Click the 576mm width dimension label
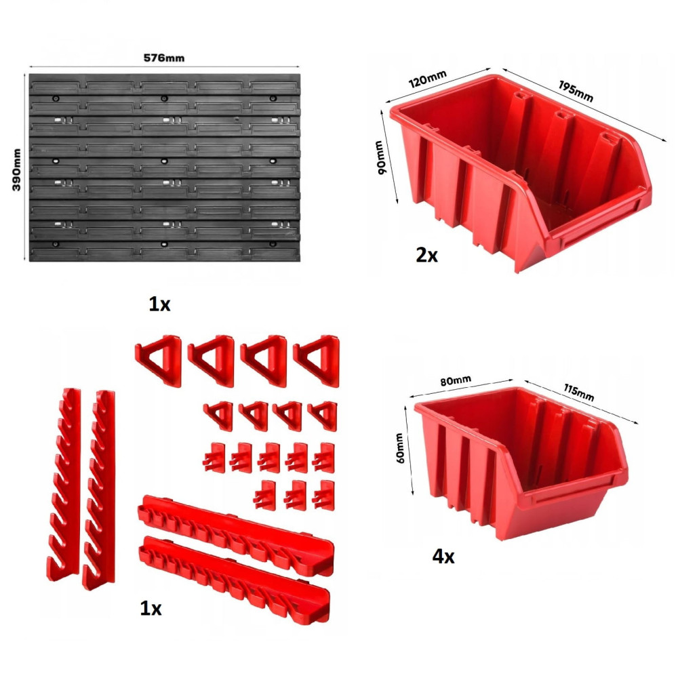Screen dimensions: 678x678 (x=164, y=58)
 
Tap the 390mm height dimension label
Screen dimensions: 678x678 (x=16, y=169)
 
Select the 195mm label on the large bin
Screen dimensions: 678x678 (x=576, y=92)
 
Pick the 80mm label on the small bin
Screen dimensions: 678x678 (x=456, y=380)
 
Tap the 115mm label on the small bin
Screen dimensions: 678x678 (x=578, y=392)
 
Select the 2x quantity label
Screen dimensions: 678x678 (x=426, y=255)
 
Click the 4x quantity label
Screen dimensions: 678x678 (x=443, y=557)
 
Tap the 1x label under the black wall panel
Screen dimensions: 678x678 (x=159, y=304)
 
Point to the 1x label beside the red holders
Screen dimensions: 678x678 (x=151, y=608)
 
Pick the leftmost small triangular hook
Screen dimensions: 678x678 (x=218, y=416)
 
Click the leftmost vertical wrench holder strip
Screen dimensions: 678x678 (x=64, y=484)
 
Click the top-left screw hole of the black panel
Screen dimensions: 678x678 (x=56, y=98)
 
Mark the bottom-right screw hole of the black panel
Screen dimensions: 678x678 (x=273, y=244)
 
